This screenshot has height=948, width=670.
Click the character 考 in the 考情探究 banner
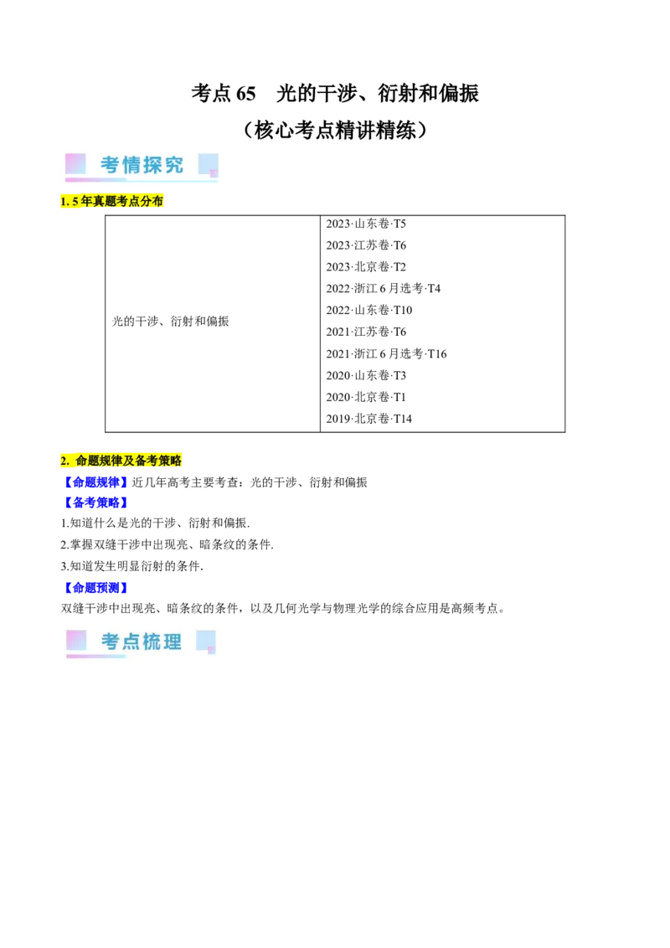pos(110,165)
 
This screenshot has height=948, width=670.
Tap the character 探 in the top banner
pos(152,165)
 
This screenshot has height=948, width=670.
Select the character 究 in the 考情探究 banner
pos(173,165)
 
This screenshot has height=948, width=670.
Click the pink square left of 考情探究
pos(75,163)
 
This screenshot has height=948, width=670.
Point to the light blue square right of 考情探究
pos(208,163)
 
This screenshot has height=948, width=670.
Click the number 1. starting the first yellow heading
pos(64,202)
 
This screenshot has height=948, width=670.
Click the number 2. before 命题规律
pos(64,461)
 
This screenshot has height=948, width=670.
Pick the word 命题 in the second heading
pos(86,461)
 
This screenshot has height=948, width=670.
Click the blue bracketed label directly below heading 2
pos(95,482)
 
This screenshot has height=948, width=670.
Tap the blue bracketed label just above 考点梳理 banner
pos(95,587)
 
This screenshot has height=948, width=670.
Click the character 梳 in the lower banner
pos(152,642)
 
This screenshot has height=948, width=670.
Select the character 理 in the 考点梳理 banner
pos(173,642)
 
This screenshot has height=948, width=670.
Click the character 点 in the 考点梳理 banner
pos(131,642)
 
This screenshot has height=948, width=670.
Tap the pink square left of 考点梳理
pos(76,640)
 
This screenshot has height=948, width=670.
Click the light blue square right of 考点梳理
pos(205,640)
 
